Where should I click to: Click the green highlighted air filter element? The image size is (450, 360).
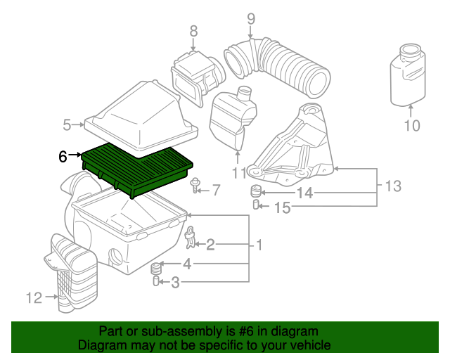pyautogui.click(x=138, y=169)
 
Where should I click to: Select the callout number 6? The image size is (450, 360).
pyautogui.click(x=63, y=157)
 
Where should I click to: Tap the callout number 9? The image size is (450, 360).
pyautogui.click(x=251, y=19)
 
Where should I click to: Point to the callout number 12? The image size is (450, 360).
pyautogui.click(x=34, y=297)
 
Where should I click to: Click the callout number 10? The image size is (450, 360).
pyautogui.click(x=412, y=125)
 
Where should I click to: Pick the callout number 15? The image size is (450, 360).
pyautogui.click(x=283, y=207)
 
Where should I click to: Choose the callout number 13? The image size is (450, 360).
pyautogui.click(x=393, y=186)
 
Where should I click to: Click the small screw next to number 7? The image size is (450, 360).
pyautogui.click(x=195, y=185)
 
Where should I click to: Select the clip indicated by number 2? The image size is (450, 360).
pyautogui.click(x=190, y=238)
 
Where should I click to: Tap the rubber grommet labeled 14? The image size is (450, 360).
pyautogui.click(x=256, y=191)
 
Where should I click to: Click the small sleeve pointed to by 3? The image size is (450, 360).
pyautogui.click(x=156, y=281)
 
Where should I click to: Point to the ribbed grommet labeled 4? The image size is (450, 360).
pyautogui.click(x=155, y=269)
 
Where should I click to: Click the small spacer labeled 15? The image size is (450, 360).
pyautogui.click(x=256, y=205)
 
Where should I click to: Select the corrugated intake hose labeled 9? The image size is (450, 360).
pyautogui.click(x=277, y=67)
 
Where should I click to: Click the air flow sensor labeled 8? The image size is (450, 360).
pyautogui.click(x=198, y=77)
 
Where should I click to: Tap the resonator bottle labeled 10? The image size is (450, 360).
pyautogui.click(x=408, y=75)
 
